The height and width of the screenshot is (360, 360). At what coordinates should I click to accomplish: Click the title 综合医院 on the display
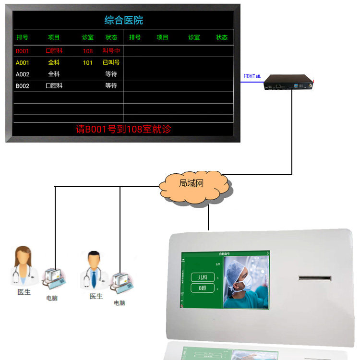click(123, 20)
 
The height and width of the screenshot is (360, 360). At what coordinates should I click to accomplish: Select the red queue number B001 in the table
click(23, 51)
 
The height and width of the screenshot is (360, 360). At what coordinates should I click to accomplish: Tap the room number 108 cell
click(88, 51)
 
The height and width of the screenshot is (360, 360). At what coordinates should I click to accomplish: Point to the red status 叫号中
click(111, 51)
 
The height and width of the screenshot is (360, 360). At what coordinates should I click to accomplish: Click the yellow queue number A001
click(23, 62)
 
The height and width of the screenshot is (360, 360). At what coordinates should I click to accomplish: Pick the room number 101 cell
click(87, 62)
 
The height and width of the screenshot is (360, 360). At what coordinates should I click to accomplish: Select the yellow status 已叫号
click(111, 62)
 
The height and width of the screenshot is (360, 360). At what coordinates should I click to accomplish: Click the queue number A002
click(23, 74)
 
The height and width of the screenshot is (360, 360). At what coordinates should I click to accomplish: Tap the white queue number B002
click(23, 86)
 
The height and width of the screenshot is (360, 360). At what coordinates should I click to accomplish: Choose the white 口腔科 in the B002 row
click(54, 86)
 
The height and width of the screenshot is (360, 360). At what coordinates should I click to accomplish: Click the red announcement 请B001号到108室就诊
click(123, 129)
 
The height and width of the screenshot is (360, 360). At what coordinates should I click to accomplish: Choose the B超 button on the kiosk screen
click(202, 288)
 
